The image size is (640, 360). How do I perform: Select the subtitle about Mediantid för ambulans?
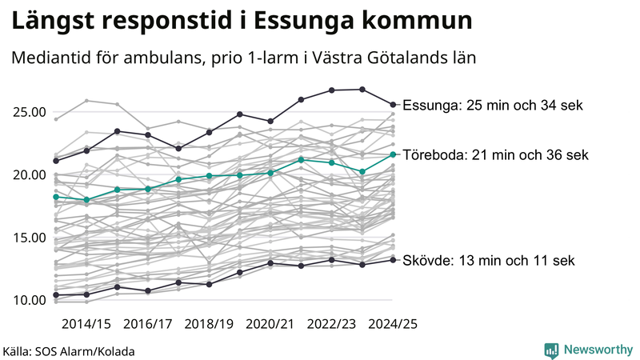coord(243,58)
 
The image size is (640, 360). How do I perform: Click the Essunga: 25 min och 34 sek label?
coord(493,105)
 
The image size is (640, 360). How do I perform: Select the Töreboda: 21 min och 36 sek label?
coord(495,155)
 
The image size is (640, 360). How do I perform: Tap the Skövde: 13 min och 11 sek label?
coord(488,261)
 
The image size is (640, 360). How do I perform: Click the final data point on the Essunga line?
coord(393,104)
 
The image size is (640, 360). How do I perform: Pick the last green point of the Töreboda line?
coord(393,154)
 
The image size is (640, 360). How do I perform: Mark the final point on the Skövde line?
coord(393,260)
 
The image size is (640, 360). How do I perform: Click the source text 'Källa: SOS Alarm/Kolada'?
coord(69,350)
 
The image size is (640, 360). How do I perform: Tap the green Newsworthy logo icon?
coord(551,350)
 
